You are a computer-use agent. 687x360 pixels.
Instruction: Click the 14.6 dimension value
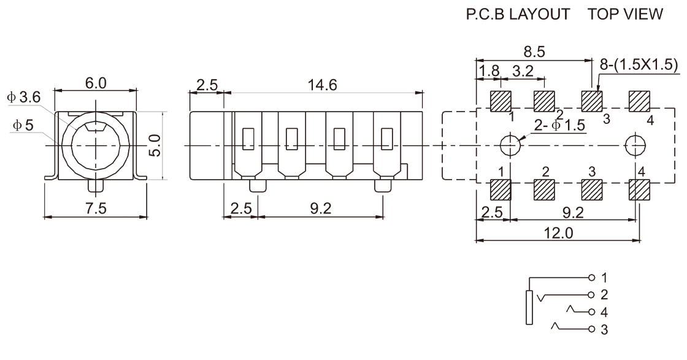click(323, 85)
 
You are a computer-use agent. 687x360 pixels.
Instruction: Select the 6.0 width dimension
click(94, 83)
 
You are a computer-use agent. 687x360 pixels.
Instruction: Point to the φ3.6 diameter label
click(24, 97)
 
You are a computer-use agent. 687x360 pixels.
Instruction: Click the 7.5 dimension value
click(96, 209)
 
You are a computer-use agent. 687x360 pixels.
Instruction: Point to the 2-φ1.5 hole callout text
click(559, 125)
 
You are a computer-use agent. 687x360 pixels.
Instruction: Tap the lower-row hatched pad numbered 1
click(501, 190)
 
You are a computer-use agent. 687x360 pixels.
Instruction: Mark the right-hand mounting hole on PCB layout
click(634, 145)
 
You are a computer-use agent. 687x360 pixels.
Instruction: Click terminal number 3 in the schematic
click(604, 330)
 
